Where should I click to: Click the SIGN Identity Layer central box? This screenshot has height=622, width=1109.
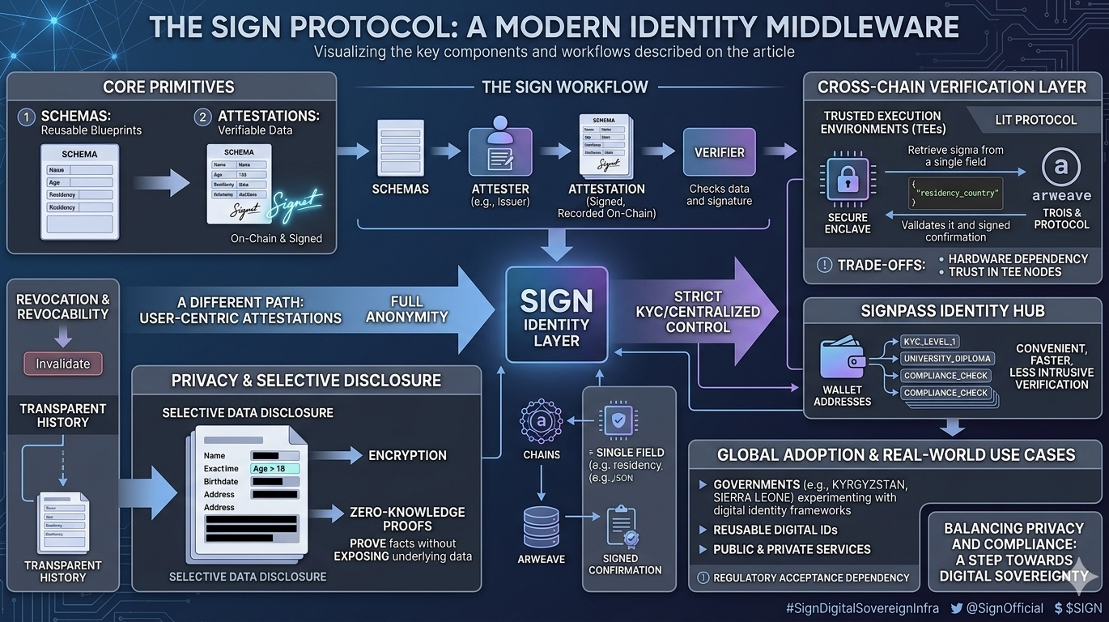pos(556,314)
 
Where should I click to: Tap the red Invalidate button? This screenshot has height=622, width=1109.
pos(63,364)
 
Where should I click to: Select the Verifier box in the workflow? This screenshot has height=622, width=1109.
pos(719,151)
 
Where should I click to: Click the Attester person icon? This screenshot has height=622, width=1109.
pos(500,149)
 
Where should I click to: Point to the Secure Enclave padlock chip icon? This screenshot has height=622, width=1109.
pos(848,180)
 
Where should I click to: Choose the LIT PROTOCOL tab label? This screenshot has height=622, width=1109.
pos(1035,120)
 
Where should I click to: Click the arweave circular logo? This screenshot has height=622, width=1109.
pos(1060,167)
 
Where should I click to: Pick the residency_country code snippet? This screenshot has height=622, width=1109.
pos(956,194)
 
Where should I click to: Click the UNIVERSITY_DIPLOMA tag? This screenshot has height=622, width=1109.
pos(947,359)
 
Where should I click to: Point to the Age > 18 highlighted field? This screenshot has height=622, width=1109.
pos(274,468)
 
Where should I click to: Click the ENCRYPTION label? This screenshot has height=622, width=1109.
pos(407,455)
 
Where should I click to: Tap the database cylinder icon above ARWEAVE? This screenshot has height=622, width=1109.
pos(541,526)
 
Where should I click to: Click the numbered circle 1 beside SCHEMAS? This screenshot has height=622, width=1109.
pos(27,117)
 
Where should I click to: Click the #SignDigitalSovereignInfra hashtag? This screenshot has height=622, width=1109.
pos(862,607)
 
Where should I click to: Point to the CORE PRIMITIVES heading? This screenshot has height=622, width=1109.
pos(168,87)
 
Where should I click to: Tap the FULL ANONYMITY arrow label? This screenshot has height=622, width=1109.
pos(406,309)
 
